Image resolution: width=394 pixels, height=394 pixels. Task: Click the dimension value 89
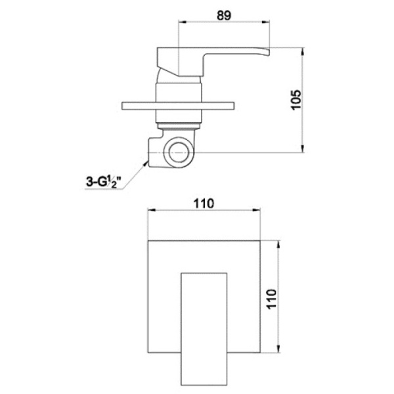click(x=224, y=16)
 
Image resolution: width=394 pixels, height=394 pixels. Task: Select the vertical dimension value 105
click(x=295, y=100)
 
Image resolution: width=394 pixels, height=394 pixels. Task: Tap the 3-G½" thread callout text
click(x=104, y=182)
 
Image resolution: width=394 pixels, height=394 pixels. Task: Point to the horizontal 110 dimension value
click(x=204, y=204)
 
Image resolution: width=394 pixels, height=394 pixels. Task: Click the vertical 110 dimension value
click(x=271, y=299)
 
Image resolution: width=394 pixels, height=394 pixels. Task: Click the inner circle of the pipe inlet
click(x=179, y=152)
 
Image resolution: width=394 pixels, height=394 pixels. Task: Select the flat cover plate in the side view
click(x=178, y=106)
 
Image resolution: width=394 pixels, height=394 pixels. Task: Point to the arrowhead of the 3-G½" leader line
click(x=146, y=164)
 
